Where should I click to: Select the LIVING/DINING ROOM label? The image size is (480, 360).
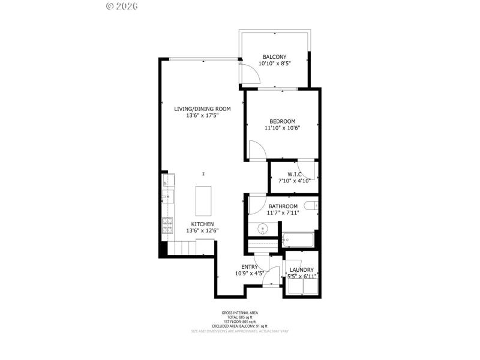(202, 109)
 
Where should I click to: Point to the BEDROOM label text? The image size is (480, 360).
(282, 121)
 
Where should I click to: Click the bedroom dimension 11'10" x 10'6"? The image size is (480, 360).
(282, 127)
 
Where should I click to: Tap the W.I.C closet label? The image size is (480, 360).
(294, 175)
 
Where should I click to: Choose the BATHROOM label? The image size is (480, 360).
(283, 206)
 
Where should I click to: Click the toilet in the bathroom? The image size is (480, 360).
(311, 206)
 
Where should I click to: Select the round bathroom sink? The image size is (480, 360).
(263, 228)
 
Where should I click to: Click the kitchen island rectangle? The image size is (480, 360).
(204, 200)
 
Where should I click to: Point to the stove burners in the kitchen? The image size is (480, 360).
(167, 226)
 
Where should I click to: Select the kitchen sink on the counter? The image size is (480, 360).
(167, 196)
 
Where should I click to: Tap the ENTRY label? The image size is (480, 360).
(250, 267)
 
